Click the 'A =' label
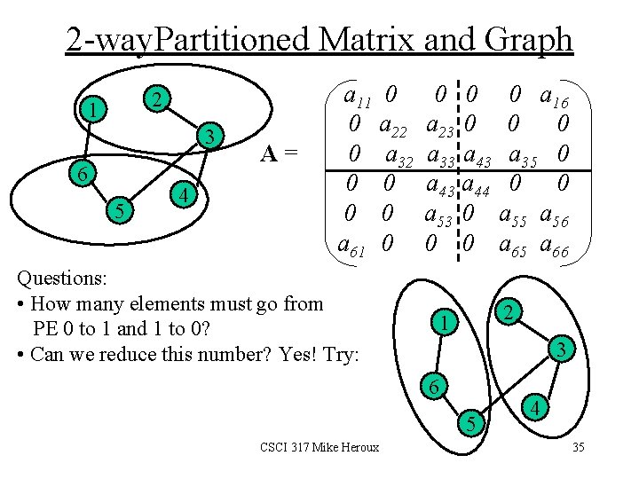(x=278, y=154)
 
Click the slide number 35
(x=578, y=447)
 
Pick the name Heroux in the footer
(x=359, y=447)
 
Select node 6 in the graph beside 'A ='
(x=81, y=175)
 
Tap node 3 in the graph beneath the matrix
(x=560, y=351)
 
